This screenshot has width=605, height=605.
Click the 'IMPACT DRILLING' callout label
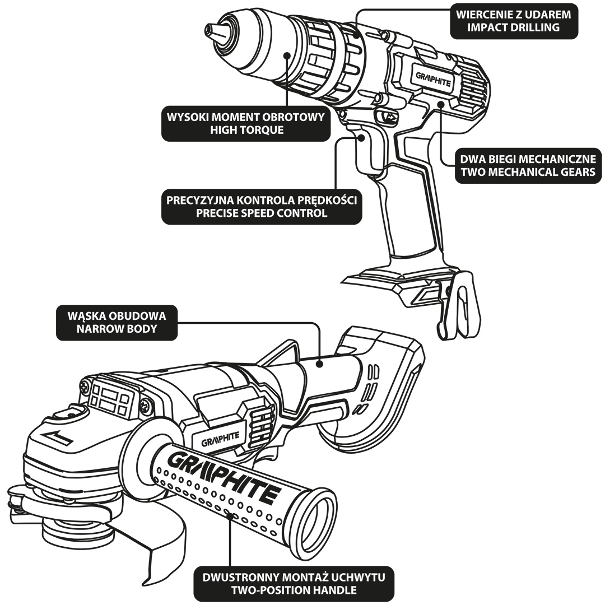pos(514,26)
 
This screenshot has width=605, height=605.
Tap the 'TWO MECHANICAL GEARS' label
pos(528,171)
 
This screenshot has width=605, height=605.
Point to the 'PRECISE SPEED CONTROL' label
pos(262,213)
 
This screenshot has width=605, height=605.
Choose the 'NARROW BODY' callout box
pos(117,329)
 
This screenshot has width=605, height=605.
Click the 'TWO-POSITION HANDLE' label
pos(294,590)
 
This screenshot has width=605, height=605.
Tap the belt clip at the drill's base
pos(462,305)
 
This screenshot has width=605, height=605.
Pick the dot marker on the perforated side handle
pos(230,515)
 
